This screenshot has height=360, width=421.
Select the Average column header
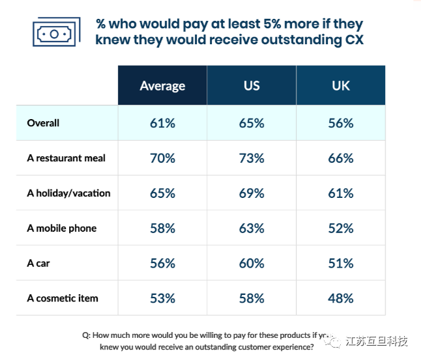[x=162, y=86]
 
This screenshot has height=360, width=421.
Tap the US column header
[x=252, y=86]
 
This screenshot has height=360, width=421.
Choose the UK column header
[x=341, y=86]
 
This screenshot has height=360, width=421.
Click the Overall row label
[x=44, y=123]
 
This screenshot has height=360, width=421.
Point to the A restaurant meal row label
[x=66, y=158]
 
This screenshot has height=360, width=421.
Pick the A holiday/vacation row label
[x=69, y=193]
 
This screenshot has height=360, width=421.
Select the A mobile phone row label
[x=62, y=228]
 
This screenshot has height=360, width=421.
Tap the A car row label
[x=38, y=264]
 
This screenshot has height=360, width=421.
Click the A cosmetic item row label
[x=63, y=298]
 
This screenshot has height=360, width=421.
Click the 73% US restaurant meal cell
[x=252, y=158]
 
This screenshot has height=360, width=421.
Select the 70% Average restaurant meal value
[x=162, y=158]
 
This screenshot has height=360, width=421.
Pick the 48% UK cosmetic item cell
[x=341, y=298]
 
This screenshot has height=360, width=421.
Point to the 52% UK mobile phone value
[x=341, y=228]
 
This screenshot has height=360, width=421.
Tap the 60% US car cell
[x=252, y=264]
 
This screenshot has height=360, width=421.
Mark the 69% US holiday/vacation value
[x=252, y=193]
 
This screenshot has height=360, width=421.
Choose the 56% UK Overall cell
[x=341, y=123]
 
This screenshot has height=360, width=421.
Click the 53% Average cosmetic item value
[x=162, y=298]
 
